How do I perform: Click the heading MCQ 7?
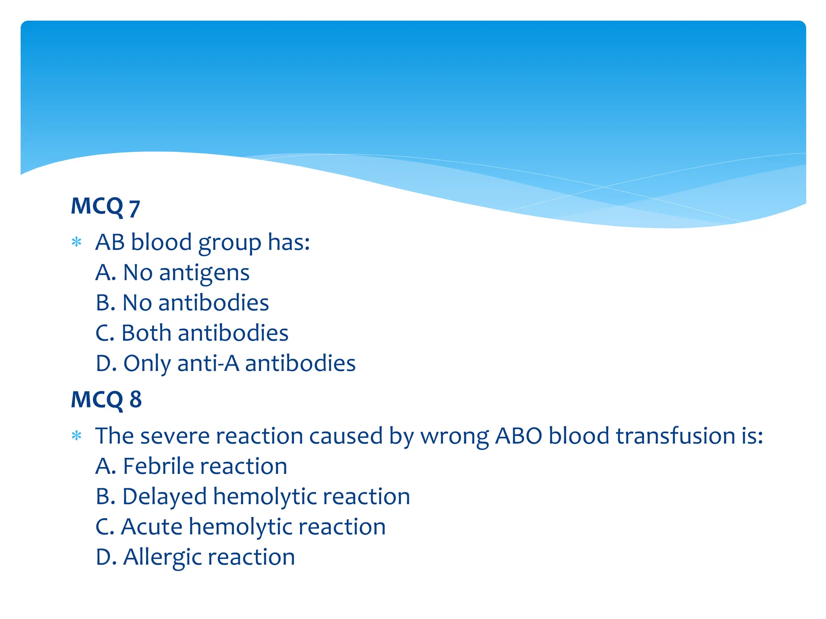(x=105, y=207)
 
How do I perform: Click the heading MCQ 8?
(x=106, y=399)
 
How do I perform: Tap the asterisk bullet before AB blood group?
(x=76, y=242)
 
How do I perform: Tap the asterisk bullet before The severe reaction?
(x=76, y=436)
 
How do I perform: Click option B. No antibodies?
(x=182, y=303)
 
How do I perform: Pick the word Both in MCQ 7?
(x=146, y=333)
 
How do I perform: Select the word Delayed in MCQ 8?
(x=165, y=497)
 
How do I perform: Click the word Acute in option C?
(x=152, y=527)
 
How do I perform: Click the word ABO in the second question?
(x=518, y=436)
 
